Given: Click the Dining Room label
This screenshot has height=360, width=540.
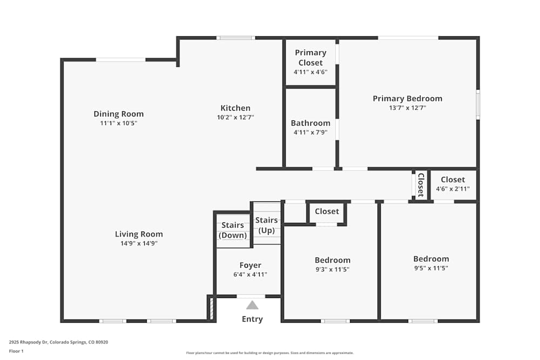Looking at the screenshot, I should (x=118, y=114).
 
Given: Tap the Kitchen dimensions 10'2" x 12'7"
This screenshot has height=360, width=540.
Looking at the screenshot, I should (x=235, y=117).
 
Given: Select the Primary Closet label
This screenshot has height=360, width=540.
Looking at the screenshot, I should (x=310, y=57).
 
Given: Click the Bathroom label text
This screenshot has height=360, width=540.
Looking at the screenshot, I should (x=310, y=123).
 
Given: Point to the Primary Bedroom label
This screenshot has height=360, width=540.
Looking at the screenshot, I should (x=407, y=98).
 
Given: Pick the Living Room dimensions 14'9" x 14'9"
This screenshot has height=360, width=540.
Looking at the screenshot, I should (x=139, y=243).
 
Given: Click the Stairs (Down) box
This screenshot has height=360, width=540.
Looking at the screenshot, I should (x=233, y=230).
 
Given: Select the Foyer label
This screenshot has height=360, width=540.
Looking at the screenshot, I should (x=250, y=265).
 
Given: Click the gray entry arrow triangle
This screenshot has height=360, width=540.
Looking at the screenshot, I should (x=252, y=305).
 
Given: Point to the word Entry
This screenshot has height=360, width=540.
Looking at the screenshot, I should (x=252, y=319).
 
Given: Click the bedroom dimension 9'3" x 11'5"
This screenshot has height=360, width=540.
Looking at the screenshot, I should (x=333, y=269).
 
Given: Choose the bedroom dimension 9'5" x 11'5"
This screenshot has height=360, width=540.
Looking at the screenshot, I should (x=431, y=268).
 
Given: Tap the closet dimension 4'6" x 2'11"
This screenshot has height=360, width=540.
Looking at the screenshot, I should (x=453, y=189).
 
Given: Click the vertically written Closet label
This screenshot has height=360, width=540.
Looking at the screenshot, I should (x=421, y=185).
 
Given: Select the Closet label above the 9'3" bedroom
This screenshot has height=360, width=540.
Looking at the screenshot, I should (x=327, y=211).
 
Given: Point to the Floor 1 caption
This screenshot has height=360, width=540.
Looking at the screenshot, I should (x=17, y=351).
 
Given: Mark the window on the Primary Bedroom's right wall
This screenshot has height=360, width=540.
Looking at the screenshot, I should (x=478, y=105).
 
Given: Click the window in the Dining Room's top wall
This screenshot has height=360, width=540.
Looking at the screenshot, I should (x=120, y=59).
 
